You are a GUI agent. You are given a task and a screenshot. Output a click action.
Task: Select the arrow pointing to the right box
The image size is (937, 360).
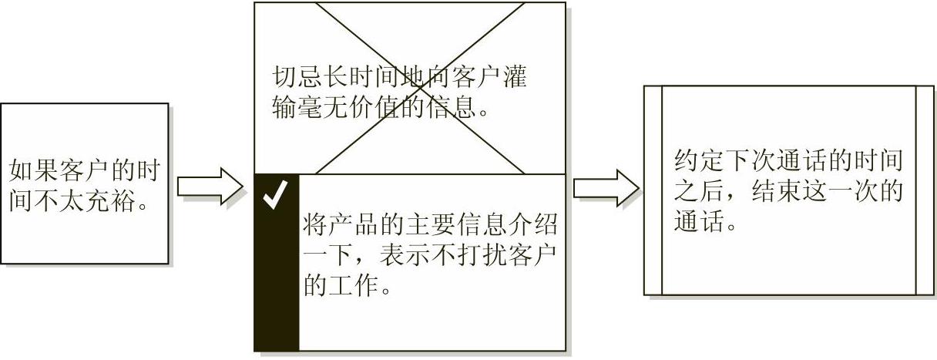[x=606, y=187]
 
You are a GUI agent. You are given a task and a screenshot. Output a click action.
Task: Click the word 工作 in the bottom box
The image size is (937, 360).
[x=354, y=285]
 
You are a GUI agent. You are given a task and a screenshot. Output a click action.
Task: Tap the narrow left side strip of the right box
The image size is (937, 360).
[x=653, y=190]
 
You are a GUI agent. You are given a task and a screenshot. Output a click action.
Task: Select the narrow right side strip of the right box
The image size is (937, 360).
[x=925, y=190]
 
